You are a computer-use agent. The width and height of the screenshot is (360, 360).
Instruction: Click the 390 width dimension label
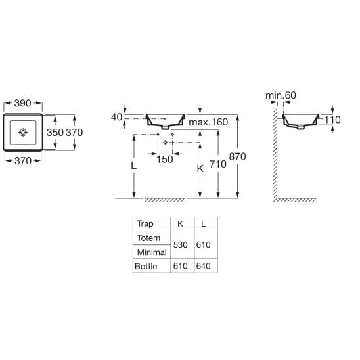[22, 103]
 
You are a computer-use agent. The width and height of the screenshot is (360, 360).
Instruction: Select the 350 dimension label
[55, 133]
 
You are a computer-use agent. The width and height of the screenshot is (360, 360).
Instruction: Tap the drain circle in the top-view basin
[23, 132]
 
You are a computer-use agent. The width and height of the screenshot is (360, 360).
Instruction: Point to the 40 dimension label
[116, 117]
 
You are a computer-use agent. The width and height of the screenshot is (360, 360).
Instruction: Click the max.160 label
[208, 122]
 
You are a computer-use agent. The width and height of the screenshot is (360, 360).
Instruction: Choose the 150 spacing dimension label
[165, 160]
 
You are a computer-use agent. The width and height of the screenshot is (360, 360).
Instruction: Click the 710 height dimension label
[218, 164]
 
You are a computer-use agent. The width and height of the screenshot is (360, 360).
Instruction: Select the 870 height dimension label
[237, 156]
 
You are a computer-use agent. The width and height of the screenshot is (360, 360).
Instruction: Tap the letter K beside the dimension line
[200, 169]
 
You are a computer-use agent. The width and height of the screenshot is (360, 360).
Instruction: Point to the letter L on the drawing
[133, 166]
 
